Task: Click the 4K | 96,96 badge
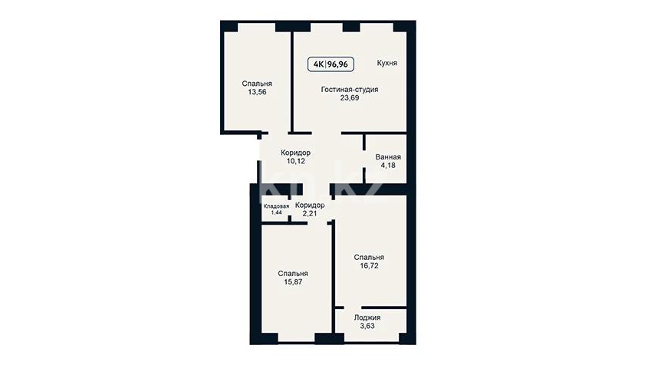point(331,64)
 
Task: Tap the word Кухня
point(387,63)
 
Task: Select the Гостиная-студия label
point(350,89)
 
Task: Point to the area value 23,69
point(350,98)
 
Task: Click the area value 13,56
point(257,92)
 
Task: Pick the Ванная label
point(388,157)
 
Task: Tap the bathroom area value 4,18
point(388,166)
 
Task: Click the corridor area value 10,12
point(296,161)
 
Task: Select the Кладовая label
point(277,206)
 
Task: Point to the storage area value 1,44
point(277,212)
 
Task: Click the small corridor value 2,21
point(310,214)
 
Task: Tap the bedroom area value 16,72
point(369,266)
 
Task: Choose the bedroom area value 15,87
point(293,282)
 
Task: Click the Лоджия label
point(367,318)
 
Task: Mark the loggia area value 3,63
point(367,326)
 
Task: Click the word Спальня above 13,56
point(257,84)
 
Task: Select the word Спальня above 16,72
point(369,258)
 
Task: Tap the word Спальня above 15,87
point(293,274)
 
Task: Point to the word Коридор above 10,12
point(296,153)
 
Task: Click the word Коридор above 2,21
point(310,206)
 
